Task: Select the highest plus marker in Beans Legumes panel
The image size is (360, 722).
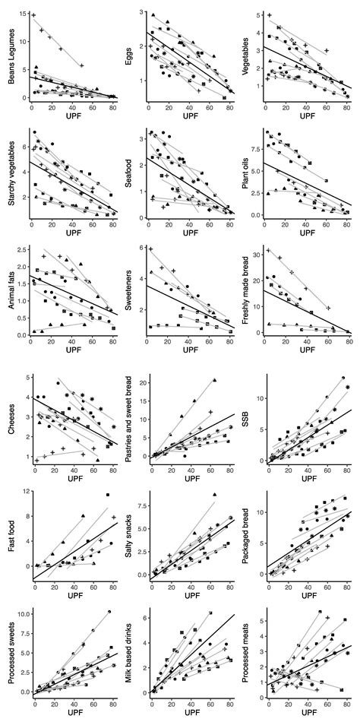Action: point(33,15)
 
